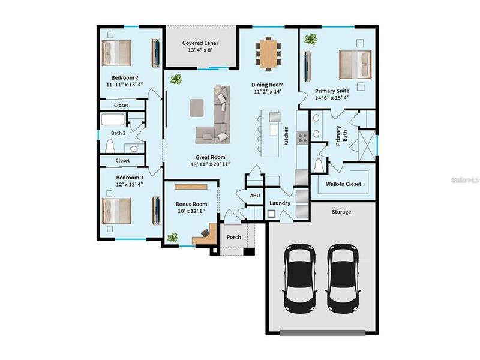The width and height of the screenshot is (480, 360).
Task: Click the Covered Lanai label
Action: [200, 43]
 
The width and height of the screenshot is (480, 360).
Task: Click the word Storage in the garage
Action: [341, 212]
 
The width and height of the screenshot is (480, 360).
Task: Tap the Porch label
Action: [233, 237]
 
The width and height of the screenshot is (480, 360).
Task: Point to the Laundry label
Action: [280, 203]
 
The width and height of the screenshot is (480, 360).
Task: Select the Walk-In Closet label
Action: [343, 184]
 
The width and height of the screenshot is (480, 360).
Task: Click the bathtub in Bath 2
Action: [114, 120]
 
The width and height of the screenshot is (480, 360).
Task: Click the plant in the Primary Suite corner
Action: [311, 40]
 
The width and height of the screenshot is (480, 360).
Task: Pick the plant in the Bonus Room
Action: [173, 238]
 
